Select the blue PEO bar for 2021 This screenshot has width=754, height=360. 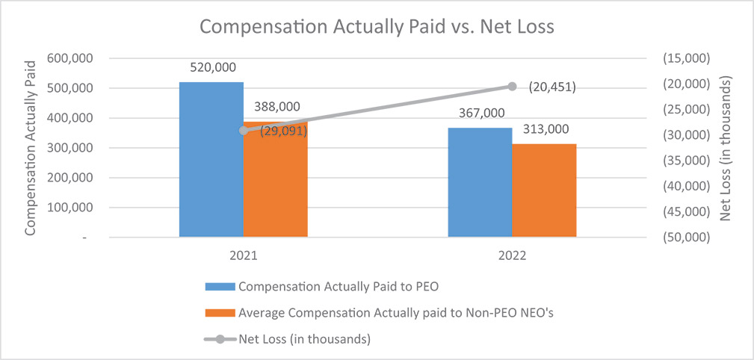point(211,160)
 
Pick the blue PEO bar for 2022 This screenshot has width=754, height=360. point(480,182)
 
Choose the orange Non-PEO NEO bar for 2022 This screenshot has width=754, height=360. point(544,190)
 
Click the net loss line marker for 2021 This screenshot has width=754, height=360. point(243,131)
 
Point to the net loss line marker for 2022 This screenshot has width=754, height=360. point(512,87)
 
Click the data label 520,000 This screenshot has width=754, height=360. point(211,67)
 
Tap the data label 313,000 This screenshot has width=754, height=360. point(544,129)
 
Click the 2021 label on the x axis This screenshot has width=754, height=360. point(243,255)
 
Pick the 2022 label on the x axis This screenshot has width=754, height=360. point(512,255)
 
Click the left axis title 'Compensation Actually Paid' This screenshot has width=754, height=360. point(31,147)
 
